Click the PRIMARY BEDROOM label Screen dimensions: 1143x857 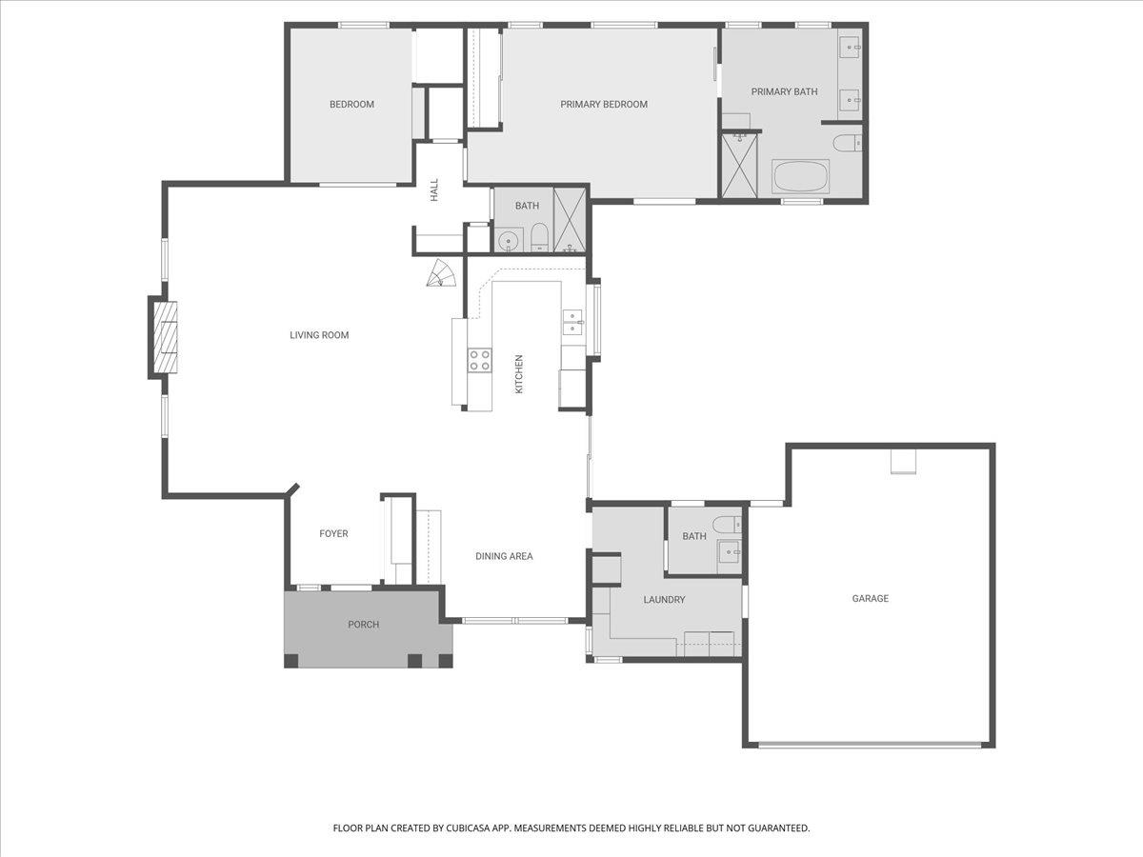click(x=604, y=105)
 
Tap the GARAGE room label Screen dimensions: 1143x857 click(x=871, y=598)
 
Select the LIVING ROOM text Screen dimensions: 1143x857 click(x=319, y=335)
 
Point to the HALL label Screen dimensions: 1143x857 click(x=434, y=189)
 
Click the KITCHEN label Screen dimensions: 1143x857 click(x=519, y=374)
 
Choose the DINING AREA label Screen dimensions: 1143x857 click(x=504, y=556)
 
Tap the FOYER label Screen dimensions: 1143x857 click(x=333, y=533)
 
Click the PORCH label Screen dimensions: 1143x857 click(x=364, y=625)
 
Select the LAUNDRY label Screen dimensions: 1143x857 click(x=664, y=600)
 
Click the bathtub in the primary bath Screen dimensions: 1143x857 click(x=800, y=177)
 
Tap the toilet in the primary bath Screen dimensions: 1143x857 click(x=847, y=143)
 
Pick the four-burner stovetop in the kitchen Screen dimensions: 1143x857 click(x=480, y=360)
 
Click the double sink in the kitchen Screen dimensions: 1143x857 click(x=573, y=322)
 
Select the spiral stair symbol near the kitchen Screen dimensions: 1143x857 click(x=442, y=273)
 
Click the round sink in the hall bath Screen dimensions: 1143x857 click(x=506, y=242)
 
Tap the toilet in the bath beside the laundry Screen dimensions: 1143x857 click(x=727, y=524)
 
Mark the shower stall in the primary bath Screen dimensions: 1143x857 click(x=739, y=166)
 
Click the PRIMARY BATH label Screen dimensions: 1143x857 click(x=784, y=92)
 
